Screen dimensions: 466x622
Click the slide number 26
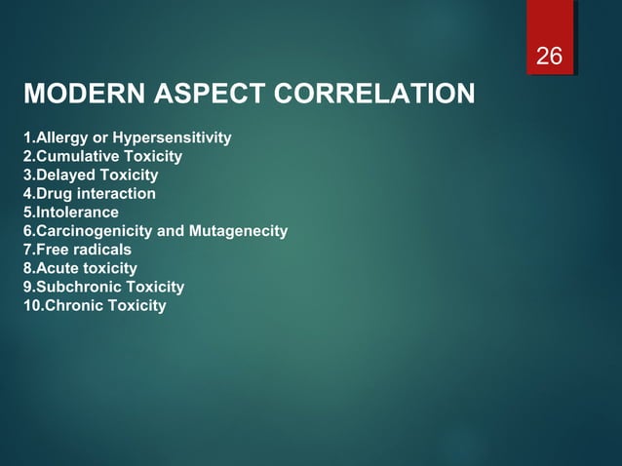pos(550,57)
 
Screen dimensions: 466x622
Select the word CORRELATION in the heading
pos(374,96)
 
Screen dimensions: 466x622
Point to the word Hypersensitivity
pos(173,138)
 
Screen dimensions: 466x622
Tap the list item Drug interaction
pos(89,194)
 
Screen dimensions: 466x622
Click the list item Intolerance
pos(70,213)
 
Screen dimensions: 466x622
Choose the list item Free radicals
pos(76,250)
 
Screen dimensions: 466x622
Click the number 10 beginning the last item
pos(31,305)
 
